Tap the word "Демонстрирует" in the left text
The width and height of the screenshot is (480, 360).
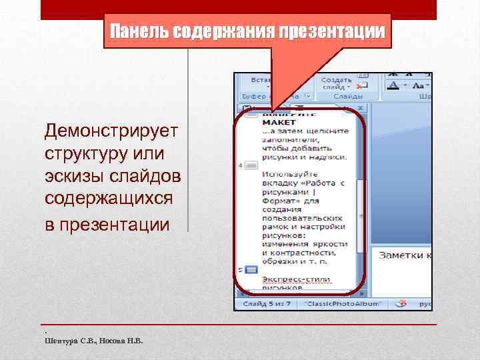pos(111,131)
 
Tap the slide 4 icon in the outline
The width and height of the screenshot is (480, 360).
pos(251,165)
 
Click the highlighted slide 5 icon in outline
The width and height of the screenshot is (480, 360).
pos(251,270)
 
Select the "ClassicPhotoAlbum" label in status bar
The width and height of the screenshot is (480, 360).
pos(345,304)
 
